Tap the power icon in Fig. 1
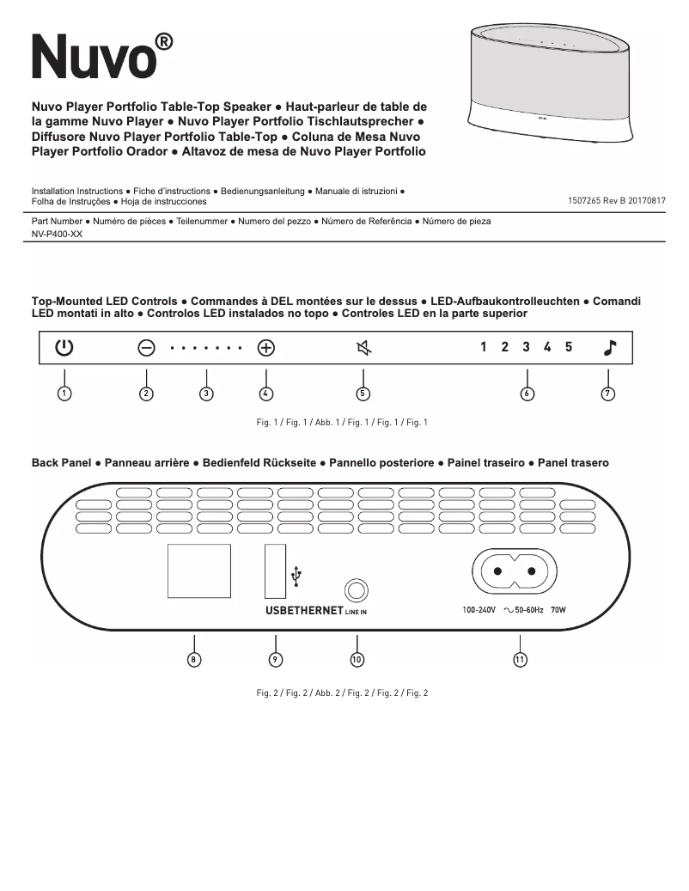click(x=64, y=348)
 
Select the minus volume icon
click(x=146, y=348)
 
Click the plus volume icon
click(x=266, y=348)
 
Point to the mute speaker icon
click(x=363, y=348)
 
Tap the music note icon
click(x=609, y=347)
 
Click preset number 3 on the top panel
click(x=526, y=347)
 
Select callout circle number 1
click(x=64, y=394)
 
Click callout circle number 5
click(x=363, y=394)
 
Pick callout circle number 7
click(x=608, y=394)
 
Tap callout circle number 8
click(x=195, y=659)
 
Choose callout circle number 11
click(x=520, y=659)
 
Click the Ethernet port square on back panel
click(x=198, y=571)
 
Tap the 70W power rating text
click(x=560, y=610)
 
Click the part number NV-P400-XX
click(x=57, y=235)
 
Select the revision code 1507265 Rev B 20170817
click(x=617, y=200)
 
